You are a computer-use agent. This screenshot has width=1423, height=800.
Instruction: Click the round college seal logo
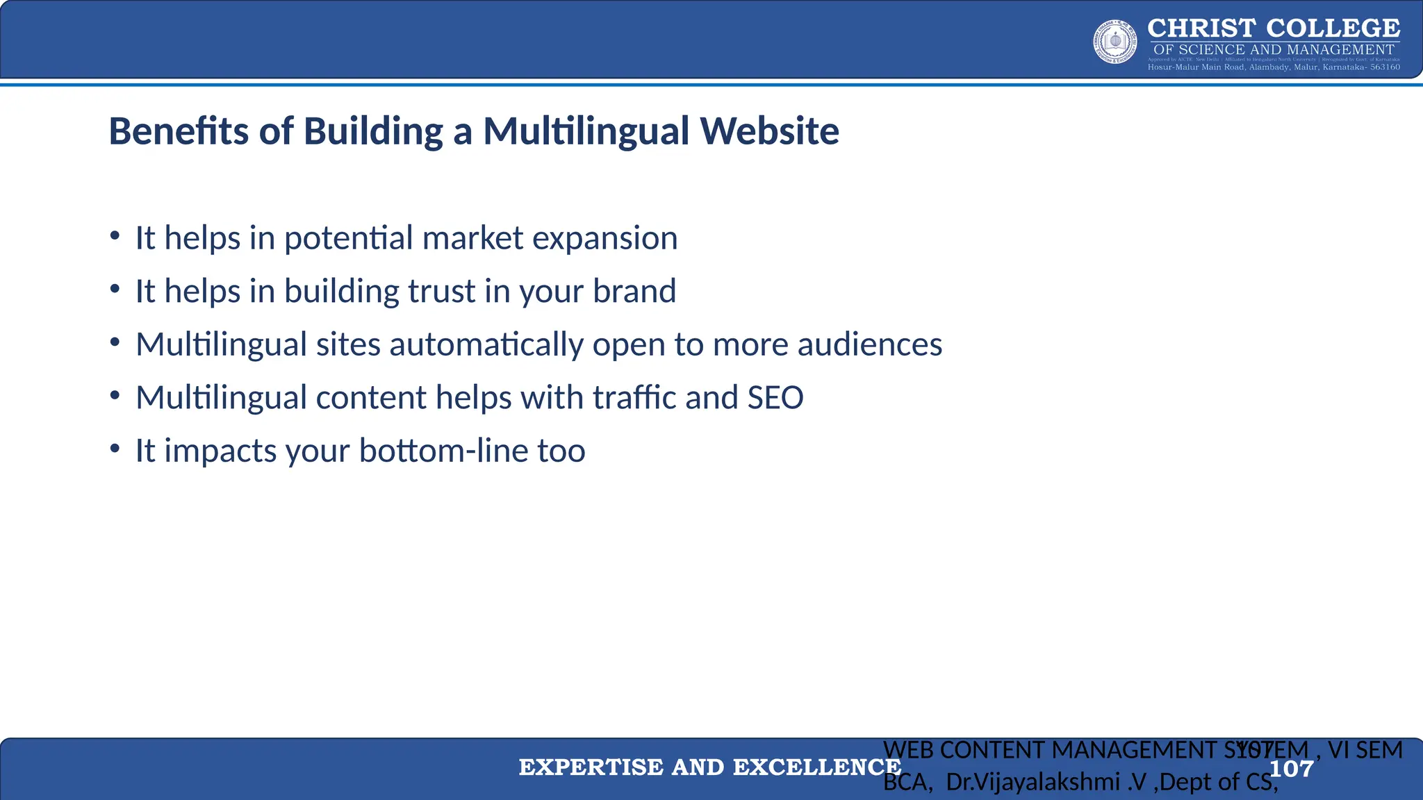1115,42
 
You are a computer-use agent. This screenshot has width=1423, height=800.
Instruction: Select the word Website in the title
769,131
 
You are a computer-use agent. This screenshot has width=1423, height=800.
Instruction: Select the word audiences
869,344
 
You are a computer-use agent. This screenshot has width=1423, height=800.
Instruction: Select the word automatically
486,345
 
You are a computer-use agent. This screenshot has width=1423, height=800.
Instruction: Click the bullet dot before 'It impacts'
115,449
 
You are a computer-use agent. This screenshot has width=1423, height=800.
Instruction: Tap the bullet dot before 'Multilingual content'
115,395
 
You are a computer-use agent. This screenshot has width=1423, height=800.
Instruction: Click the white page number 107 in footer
1291,769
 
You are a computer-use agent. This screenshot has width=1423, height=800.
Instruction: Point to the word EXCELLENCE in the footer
817,767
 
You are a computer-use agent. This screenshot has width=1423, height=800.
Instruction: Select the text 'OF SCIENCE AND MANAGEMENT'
1274,50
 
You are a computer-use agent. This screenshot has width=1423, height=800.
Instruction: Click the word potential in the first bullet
348,239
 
